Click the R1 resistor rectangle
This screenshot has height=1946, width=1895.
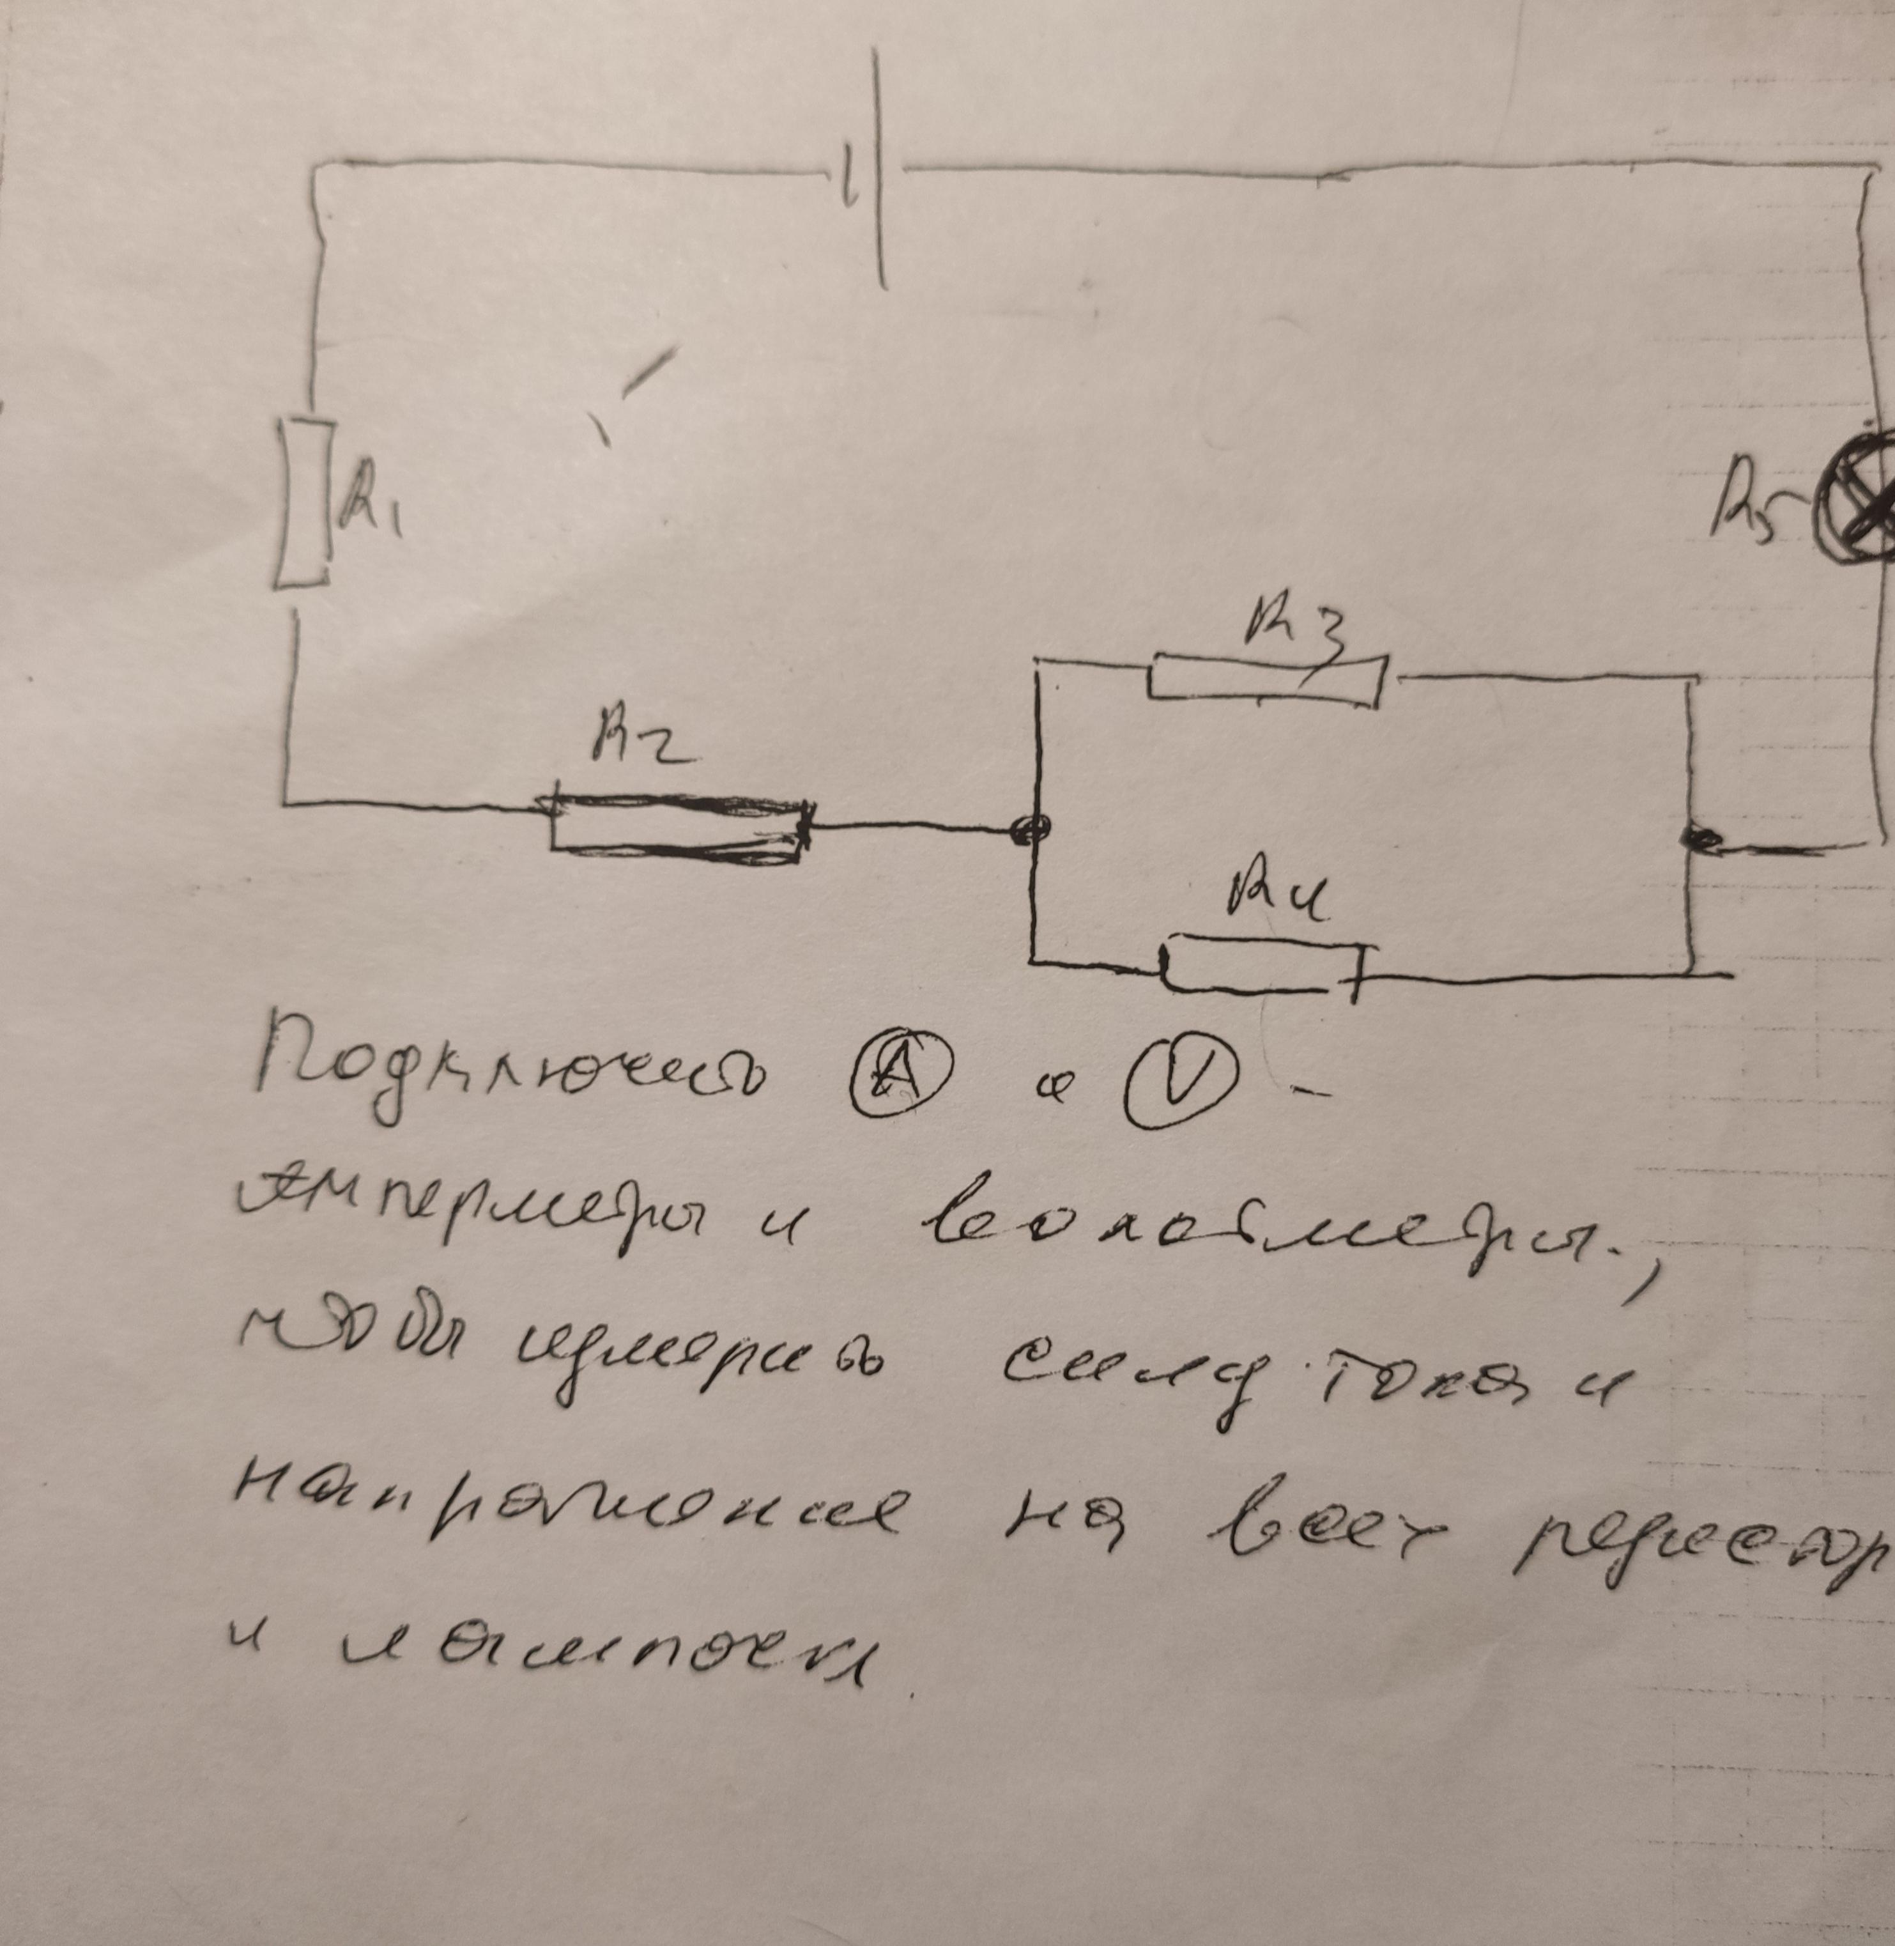click(x=302, y=503)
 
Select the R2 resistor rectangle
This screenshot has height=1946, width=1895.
click(x=680, y=826)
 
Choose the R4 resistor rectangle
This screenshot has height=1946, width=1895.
click(x=1262, y=964)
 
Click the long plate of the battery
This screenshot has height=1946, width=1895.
click(x=880, y=169)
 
